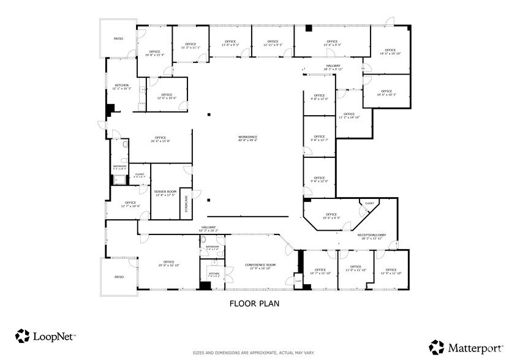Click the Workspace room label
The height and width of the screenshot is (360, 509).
coord(247,138)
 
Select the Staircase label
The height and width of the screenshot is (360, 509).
coord(186,204)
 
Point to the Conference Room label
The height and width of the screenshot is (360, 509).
coord(260,266)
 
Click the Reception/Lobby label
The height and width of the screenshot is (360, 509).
coord(371,236)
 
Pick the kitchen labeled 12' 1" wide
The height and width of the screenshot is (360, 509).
coord(121,86)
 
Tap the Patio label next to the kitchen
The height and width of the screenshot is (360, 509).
coord(118,39)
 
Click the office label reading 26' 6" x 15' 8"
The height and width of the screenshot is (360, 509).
coord(160,139)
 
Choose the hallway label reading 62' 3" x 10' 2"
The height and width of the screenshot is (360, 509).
coord(209,228)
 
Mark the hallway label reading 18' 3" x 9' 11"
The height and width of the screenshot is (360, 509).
coord(333,67)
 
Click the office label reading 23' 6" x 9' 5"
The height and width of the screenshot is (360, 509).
coord(332,43)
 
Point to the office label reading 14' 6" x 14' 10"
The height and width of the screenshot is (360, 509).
coord(390,51)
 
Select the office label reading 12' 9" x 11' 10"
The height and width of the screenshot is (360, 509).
coord(391,271)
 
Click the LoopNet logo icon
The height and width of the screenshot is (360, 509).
coord(23,336)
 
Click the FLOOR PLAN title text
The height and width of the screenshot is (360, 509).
coord(254,303)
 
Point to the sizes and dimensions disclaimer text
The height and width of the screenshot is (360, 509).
coord(254,353)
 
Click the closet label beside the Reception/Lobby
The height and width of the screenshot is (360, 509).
coord(369,203)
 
